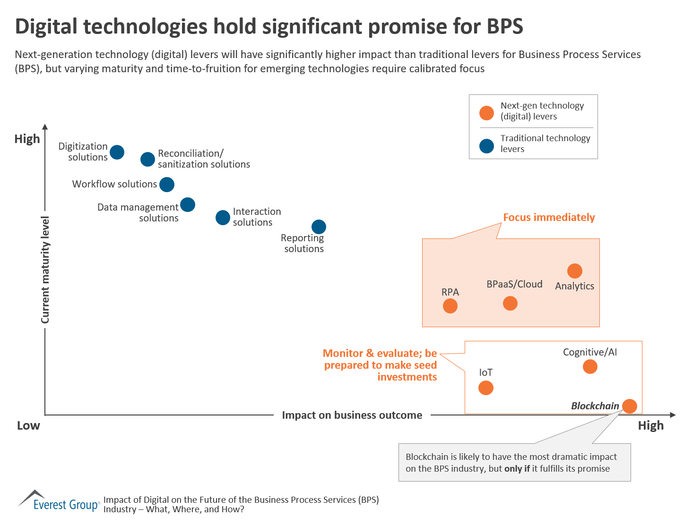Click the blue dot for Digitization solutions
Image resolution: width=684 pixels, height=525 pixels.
[117, 152]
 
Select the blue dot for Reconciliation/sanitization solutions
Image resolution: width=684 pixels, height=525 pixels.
[147, 159]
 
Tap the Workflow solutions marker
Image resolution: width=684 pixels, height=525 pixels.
[166, 184]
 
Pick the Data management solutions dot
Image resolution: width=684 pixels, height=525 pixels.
[188, 204]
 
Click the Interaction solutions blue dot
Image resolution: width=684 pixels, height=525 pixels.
[223, 217]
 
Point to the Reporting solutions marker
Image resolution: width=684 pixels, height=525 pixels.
[319, 227]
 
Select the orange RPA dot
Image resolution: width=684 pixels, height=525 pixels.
[450, 306]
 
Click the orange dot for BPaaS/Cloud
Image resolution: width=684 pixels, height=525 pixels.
[510, 303]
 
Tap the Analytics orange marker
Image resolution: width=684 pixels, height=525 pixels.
[574, 271]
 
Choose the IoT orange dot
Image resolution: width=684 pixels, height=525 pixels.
[485, 388]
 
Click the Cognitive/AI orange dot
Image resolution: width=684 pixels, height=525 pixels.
[590, 366]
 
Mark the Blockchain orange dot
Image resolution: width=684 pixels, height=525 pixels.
[629, 406]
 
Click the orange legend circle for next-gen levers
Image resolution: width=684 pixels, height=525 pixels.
[486, 113]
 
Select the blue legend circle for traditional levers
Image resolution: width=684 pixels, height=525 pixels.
[486, 146]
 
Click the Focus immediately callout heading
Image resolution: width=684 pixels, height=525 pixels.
[549, 217]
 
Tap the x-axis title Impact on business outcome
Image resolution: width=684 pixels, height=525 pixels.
[352, 415]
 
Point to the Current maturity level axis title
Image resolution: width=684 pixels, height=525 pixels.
[45, 270]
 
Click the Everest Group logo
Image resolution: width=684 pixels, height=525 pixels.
[60, 502]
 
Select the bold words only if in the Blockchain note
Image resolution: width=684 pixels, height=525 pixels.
[517, 469]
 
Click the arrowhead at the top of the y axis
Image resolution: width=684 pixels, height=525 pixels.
[45, 127]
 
